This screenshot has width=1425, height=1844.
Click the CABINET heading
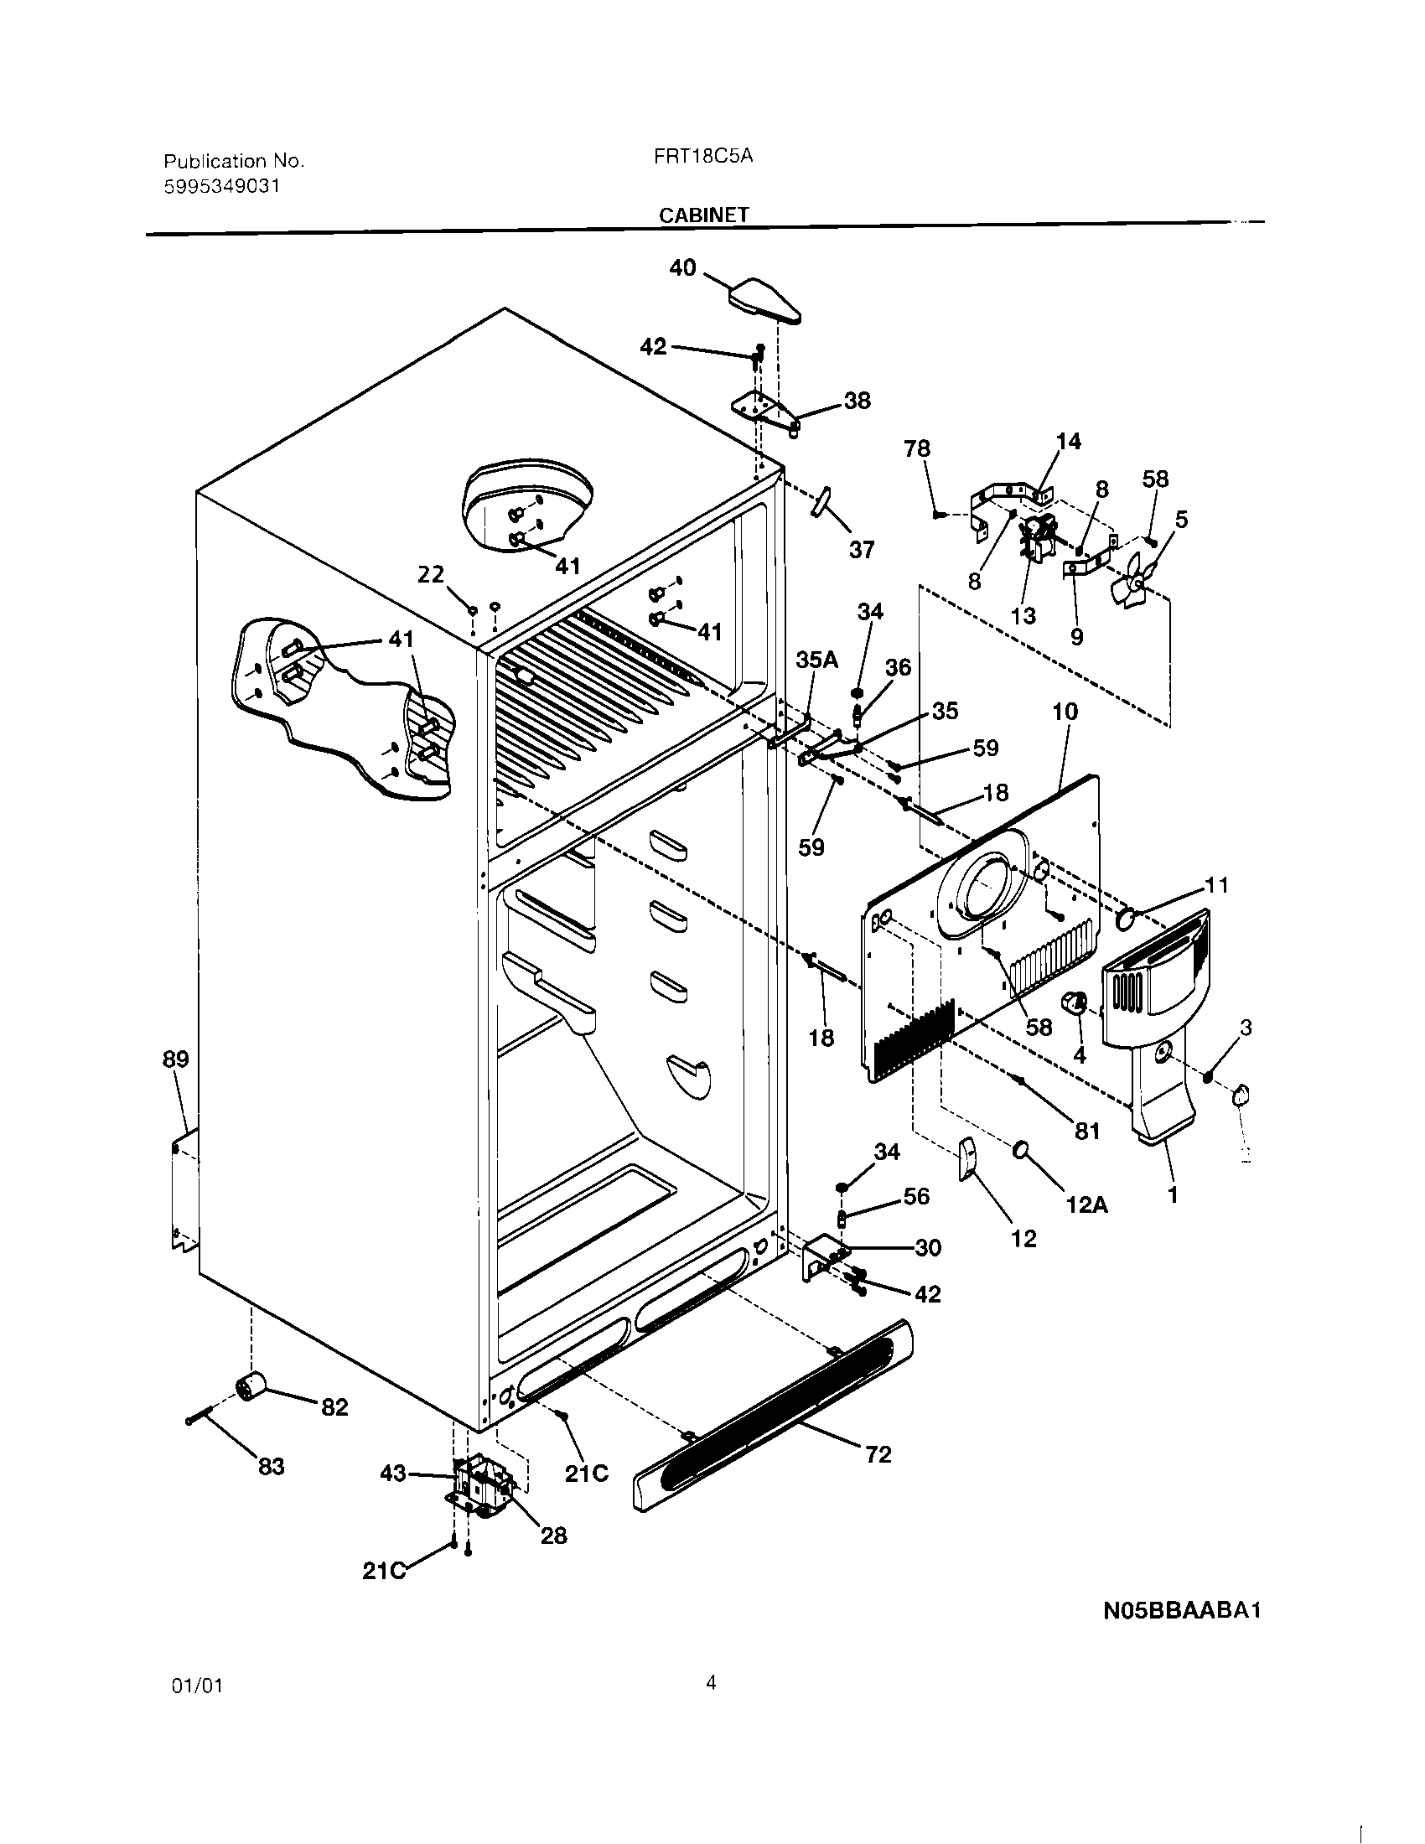703,215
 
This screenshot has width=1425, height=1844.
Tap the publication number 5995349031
221,187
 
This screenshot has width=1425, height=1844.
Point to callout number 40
682,267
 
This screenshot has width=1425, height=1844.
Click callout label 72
878,1454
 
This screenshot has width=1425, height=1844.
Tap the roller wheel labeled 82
250,1386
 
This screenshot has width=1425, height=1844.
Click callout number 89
175,1059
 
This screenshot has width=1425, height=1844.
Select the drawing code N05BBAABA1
1182,1610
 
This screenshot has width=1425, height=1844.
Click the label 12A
1086,1204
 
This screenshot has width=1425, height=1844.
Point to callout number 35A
817,660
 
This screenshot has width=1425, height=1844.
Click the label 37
861,550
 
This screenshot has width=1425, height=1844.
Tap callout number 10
1065,711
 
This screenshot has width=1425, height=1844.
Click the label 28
553,1536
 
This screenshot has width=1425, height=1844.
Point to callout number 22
431,574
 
